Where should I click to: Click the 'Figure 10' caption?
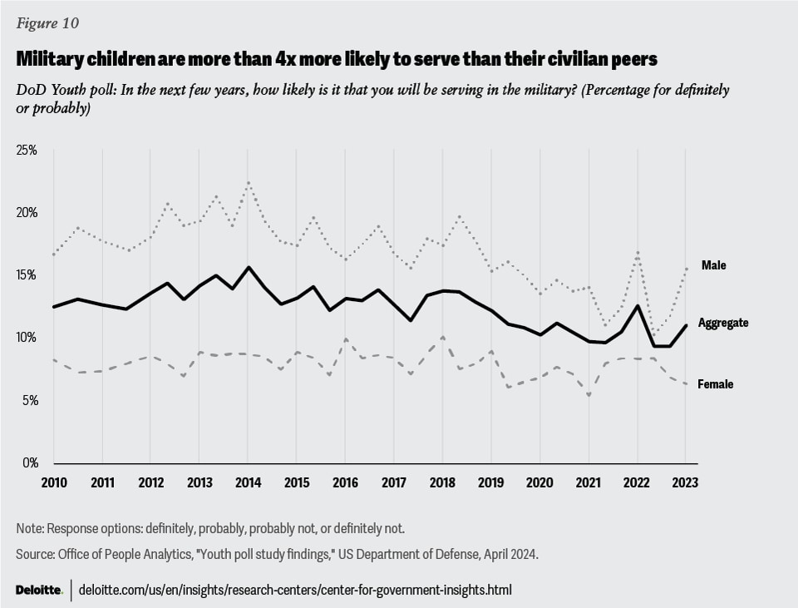(x=47, y=23)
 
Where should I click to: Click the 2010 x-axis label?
(x=53, y=482)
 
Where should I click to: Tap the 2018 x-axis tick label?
(x=441, y=482)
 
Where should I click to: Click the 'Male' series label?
(x=714, y=265)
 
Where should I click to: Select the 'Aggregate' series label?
(x=723, y=323)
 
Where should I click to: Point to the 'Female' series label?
(x=716, y=384)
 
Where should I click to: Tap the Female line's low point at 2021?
(x=589, y=395)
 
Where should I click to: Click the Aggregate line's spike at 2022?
(x=637, y=305)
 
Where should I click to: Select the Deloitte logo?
(x=38, y=590)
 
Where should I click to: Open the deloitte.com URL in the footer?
(x=295, y=590)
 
